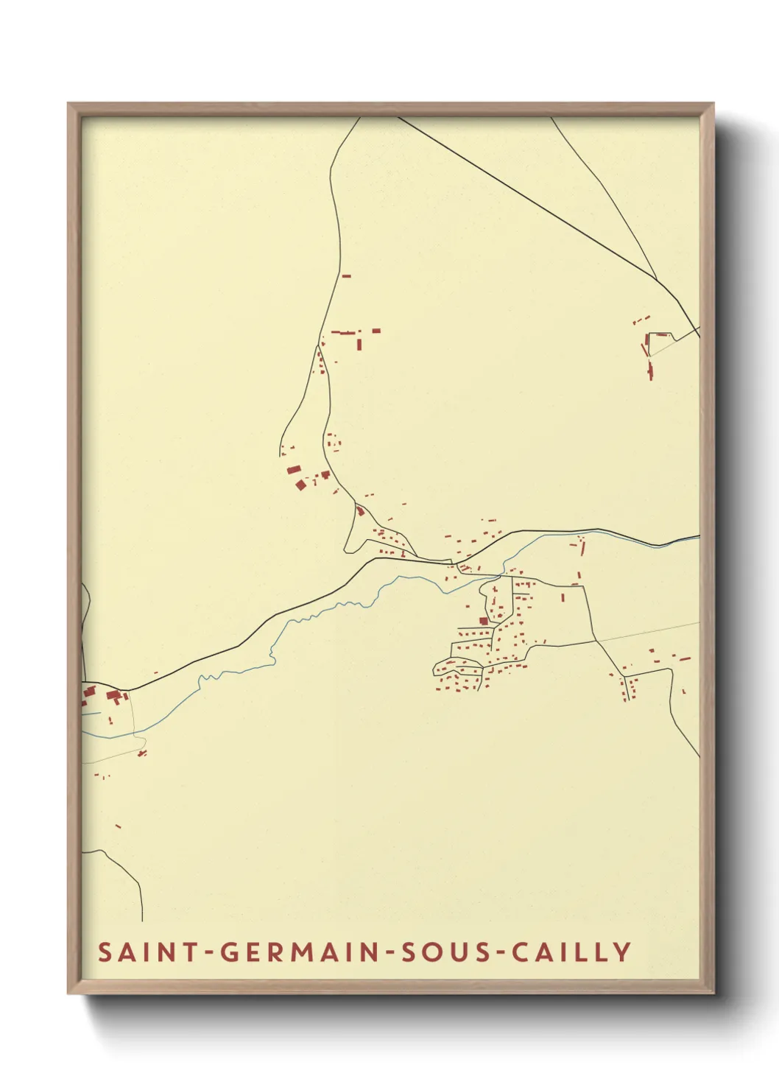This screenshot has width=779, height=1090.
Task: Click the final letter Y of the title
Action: (x=623, y=952)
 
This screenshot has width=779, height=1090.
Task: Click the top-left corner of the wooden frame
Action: (x=69, y=105)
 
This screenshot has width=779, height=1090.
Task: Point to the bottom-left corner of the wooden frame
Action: (x=69, y=993)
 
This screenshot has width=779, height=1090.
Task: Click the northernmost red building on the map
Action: (x=346, y=276)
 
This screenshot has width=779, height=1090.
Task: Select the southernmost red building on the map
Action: (x=118, y=826)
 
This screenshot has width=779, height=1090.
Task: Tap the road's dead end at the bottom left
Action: (x=142, y=920)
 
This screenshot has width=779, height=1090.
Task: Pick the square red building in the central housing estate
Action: (x=484, y=621)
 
